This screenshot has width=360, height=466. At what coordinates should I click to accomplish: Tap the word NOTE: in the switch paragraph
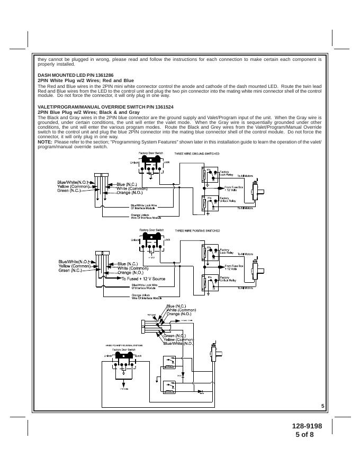[45, 142]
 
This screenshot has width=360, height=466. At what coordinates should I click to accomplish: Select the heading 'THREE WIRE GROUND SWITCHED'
[197, 153]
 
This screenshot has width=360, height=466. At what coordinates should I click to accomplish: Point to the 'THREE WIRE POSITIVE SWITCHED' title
[197, 231]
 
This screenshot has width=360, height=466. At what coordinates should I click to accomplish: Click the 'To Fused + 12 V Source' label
[143, 279]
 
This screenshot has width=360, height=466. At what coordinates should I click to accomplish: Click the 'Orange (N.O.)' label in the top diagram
[130, 193]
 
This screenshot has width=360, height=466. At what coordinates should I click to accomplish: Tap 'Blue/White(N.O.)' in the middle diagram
[75, 262]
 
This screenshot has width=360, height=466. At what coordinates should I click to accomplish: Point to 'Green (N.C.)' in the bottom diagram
[174, 336]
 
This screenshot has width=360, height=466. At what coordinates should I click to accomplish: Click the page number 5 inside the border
[322, 406]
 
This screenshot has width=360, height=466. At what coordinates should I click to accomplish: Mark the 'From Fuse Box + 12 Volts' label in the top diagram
[233, 188]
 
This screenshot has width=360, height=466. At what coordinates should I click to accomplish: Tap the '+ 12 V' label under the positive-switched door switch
[151, 257]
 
